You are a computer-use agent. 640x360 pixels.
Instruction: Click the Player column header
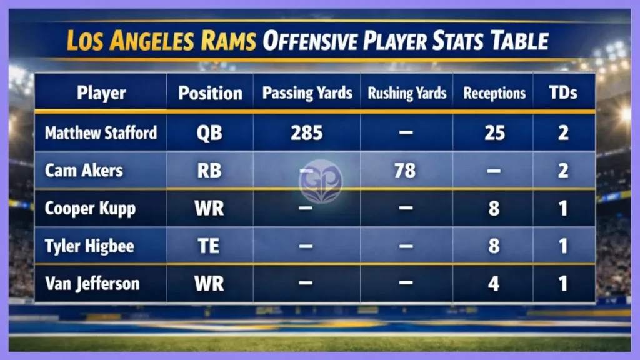101,93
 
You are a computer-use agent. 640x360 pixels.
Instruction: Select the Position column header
210,93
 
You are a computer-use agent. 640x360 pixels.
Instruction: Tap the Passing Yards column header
307,93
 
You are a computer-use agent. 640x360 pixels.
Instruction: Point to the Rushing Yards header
407,93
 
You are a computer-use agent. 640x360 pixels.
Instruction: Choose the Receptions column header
494,93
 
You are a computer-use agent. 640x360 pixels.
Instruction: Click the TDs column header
562,93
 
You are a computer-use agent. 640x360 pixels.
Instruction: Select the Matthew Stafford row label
101,132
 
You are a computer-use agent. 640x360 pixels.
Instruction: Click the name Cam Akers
84,170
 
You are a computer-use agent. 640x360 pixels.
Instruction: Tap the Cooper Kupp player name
90,208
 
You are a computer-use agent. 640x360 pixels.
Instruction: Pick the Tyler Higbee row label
89,246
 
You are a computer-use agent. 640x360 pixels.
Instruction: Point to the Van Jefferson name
92,284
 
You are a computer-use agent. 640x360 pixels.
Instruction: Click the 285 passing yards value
306,132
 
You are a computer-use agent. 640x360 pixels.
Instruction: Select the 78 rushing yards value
405,170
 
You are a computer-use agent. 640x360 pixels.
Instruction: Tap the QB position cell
210,132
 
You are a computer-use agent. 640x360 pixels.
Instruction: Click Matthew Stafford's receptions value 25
494,132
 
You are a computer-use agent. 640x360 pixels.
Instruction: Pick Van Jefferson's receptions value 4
494,284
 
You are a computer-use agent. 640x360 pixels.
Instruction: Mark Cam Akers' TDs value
563,170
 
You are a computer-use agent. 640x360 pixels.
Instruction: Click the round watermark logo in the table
321,181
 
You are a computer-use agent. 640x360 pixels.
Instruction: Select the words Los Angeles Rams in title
161,41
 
